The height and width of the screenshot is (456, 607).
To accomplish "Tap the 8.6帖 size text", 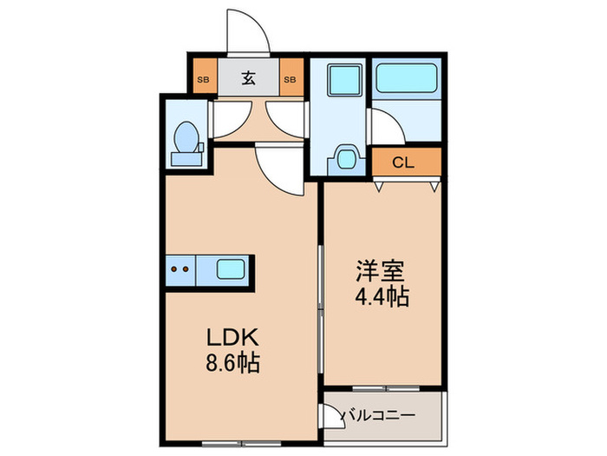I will click(232, 362).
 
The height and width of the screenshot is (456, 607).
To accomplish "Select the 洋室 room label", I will click(381, 271).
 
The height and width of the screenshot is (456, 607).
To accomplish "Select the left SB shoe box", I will click(204, 79).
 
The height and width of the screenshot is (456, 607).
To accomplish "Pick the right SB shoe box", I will click(291, 79).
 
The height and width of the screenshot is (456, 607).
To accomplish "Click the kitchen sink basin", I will click(230, 270).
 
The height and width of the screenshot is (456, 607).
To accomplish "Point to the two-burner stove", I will click(180, 270).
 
